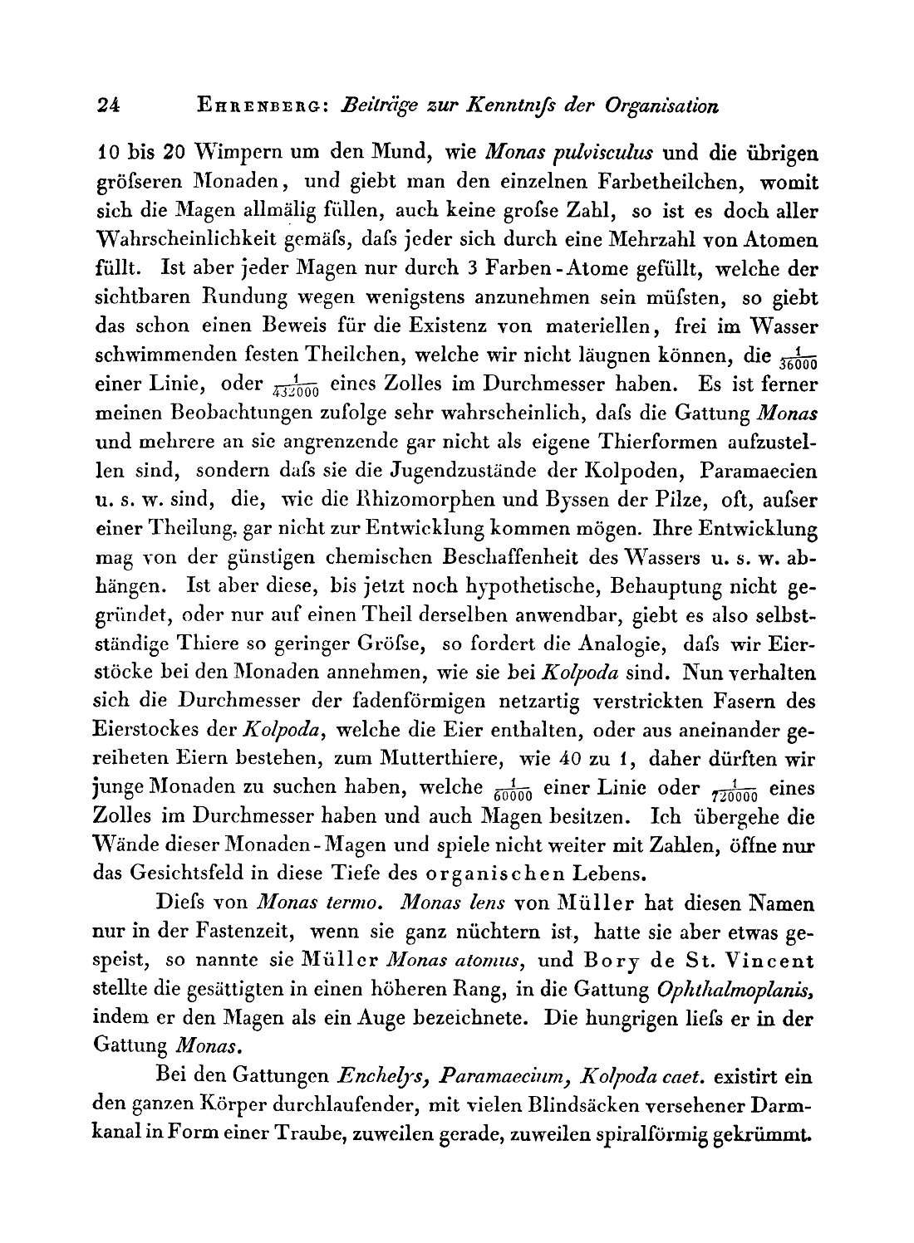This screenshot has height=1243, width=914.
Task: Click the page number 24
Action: coord(109,105)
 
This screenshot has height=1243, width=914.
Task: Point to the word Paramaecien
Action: coord(759,472)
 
